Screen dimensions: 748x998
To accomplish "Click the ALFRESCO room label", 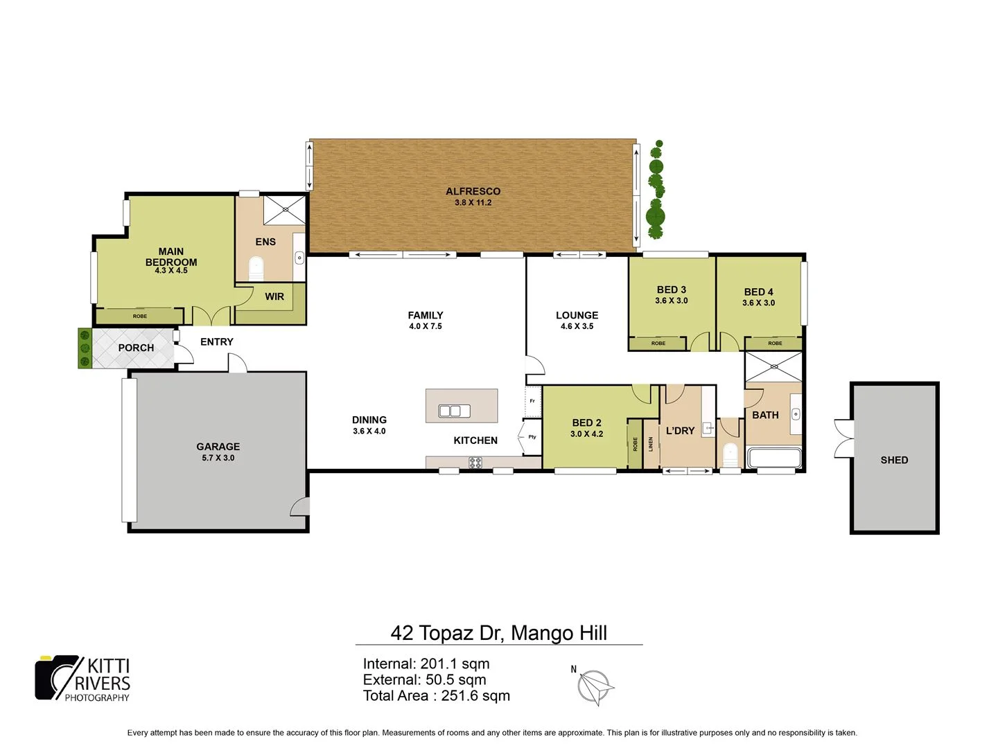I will coord(473,191).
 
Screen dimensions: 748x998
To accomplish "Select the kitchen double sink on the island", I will coord(455,411).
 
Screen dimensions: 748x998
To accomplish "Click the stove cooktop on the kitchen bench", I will coord(475,463).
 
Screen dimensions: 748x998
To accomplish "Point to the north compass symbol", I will coord(595,686).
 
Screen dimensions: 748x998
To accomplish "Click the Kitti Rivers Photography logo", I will coord(83,679).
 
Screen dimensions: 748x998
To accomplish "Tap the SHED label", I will coord(894,460).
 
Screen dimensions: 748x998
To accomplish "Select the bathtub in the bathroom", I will coord(774,458).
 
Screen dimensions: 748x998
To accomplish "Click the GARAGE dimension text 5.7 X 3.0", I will coord(218,458).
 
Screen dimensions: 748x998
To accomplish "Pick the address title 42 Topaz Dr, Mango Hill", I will coord(499,633).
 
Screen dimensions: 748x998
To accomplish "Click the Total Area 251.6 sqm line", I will coord(437,696).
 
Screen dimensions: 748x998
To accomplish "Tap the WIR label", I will coord(274,296).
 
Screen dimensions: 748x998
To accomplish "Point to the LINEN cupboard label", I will coord(651,444).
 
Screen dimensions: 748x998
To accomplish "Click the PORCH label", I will coord(136,348).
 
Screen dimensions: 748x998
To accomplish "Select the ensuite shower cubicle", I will coord(284,209).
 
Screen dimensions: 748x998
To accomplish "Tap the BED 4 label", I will coord(758,292).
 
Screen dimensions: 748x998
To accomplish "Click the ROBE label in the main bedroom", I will coord(140,317).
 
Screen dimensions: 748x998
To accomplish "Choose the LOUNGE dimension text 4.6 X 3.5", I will coord(577,326).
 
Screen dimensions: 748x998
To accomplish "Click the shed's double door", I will coord(843,438).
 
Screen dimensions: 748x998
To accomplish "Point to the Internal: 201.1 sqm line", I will coord(426,664).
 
